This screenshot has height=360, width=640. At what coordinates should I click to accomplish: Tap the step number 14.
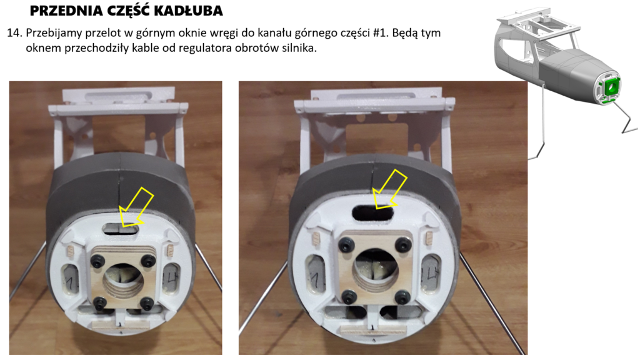pyautogui.click(x=14, y=33)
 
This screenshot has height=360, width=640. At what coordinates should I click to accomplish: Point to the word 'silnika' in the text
pyautogui.click(x=301, y=48)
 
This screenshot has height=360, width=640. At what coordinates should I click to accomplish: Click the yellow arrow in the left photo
pyautogui.click(x=135, y=207)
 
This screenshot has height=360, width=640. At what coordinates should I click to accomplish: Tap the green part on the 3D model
pyautogui.click(x=611, y=86)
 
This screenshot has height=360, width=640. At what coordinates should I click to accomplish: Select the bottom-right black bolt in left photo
pyautogui.click(x=147, y=303)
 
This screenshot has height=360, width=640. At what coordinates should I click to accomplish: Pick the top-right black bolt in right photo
pyautogui.click(x=403, y=245)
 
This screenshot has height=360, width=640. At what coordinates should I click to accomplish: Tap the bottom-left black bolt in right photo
pyautogui.click(x=349, y=297)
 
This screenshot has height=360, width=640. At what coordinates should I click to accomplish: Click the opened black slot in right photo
pyautogui.click(x=372, y=212)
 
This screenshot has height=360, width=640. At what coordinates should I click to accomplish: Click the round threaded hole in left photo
pyautogui.click(x=122, y=282)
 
